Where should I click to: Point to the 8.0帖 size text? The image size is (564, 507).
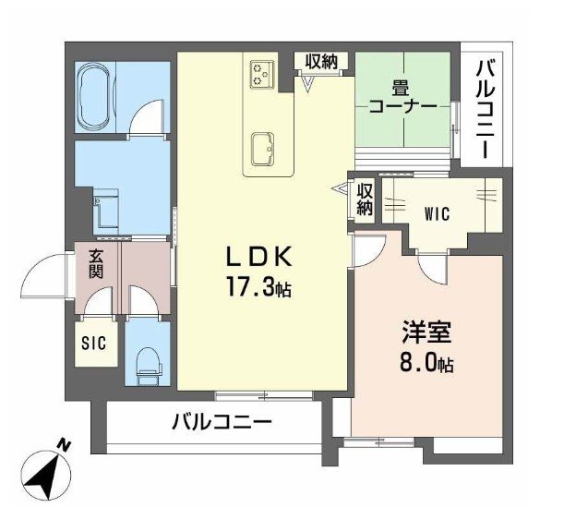pos(426,363)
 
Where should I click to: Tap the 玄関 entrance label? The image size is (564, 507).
pos(96,264)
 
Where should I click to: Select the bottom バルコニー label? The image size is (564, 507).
pos(221,424)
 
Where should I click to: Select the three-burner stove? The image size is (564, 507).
pos(261,73)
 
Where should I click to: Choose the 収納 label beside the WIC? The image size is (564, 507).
pos(365,199)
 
